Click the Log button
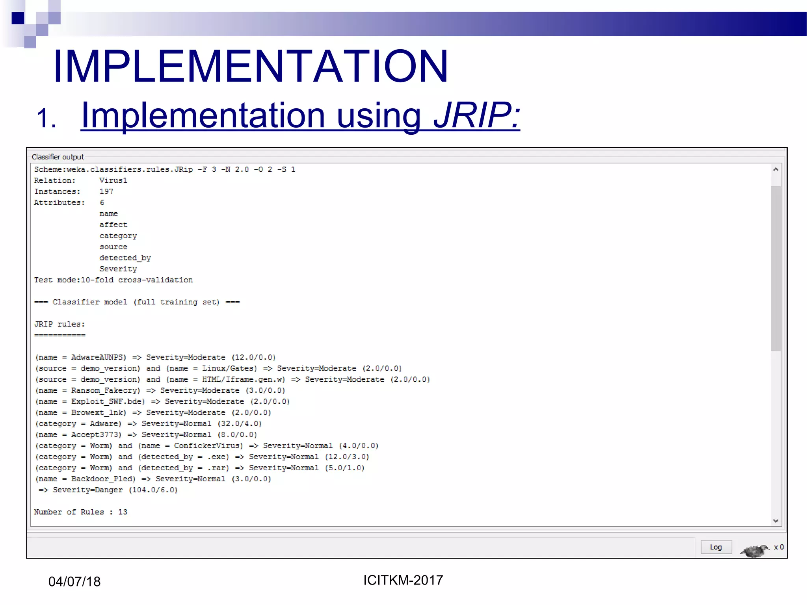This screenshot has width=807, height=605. click(x=716, y=547)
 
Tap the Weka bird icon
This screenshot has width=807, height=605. click(x=754, y=550)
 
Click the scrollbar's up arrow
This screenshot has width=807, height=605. click(x=775, y=170)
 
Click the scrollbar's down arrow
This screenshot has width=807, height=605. click(x=775, y=521)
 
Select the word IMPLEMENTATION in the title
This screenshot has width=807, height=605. click(x=251, y=66)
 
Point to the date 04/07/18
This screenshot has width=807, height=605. click(x=74, y=581)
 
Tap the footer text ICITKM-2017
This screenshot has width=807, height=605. click(x=403, y=580)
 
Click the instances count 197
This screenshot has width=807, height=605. click(x=106, y=191)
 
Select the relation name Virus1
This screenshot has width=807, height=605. click(x=113, y=180)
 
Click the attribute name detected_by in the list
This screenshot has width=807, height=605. click(x=125, y=258)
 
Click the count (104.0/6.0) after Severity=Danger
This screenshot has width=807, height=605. click(x=153, y=490)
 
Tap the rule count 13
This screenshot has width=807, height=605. click(x=123, y=512)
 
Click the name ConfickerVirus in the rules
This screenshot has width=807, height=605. click(x=208, y=446)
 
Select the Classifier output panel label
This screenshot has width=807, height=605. click(x=58, y=157)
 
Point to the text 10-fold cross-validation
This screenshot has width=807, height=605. click(x=137, y=280)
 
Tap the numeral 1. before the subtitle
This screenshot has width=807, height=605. click(x=46, y=118)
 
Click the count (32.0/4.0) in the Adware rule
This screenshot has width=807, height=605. click(x=240, y=424)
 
